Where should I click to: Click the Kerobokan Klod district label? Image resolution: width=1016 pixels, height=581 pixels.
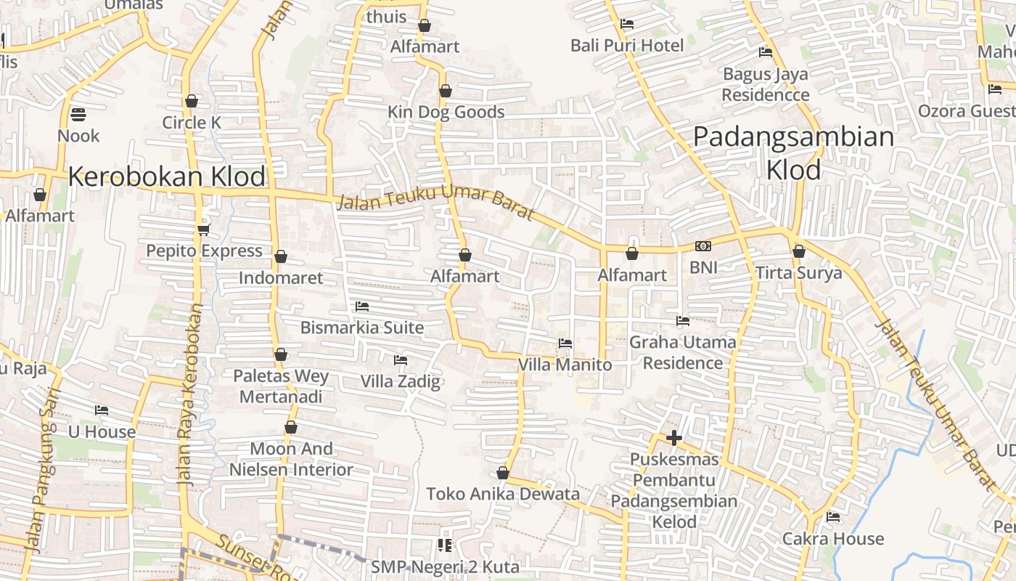[x=167, y=176]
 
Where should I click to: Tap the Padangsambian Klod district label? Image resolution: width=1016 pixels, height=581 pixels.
[x=794, y=153]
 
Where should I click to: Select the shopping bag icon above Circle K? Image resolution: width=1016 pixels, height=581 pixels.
[x=192, y=101]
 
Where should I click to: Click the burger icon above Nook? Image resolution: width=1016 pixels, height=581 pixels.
[x=78, y=114]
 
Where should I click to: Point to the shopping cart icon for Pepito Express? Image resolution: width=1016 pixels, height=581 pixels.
[x=203, y=229]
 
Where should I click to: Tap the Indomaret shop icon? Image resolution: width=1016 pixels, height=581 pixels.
[x=281, y=256]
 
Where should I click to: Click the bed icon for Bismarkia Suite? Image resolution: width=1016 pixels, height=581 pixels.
[x=362, y=306]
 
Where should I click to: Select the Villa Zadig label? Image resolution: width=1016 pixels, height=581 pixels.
[x=401, y=381]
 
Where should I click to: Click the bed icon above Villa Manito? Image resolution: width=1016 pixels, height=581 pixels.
[x=565, y=343]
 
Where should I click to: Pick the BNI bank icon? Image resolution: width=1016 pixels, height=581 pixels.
[x=702, y=246]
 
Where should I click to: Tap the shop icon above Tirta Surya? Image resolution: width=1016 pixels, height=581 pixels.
[x=799, y=251]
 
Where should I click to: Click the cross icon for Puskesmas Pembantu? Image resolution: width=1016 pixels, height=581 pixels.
[x=674, y=438]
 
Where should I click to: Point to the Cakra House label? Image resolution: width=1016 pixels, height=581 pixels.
[x=833, y=539]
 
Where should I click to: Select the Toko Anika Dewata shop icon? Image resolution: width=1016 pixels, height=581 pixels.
[x=503, y=474]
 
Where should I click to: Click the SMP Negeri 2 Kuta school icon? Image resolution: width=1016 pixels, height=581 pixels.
[x=445, y=545]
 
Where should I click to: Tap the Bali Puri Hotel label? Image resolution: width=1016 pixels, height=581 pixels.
[x=627, y=46]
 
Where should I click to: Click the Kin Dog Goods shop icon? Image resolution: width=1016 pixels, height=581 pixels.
[x=446, y=91]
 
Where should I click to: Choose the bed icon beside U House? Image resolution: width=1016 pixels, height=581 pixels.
[x=102, y=410]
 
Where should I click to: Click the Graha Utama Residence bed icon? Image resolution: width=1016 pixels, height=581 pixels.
[x=683, y=320]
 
